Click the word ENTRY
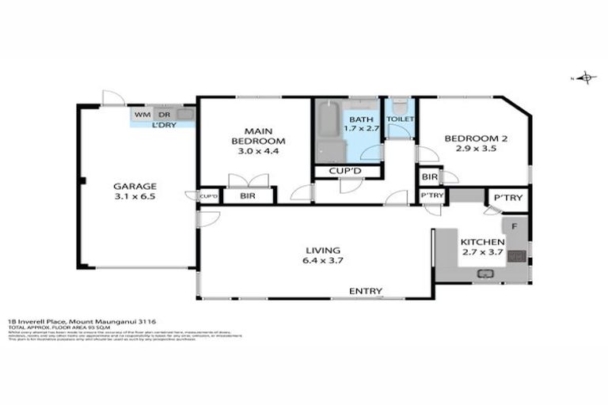[x=366, y=292]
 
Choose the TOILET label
[x=400, y=119]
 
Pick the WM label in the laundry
[x=142, y=115]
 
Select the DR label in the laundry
[x=164, y=115]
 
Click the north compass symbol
[x=586, y=78]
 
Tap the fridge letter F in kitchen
[x=514, y=227]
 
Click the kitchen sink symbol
[x=484, y=274]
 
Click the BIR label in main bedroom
[x=248, y=195]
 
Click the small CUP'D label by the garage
[x=209, y=196]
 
